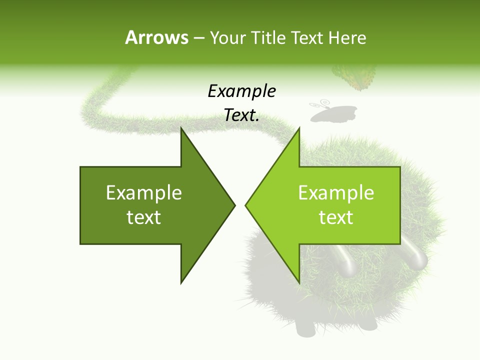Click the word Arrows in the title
(156, 37)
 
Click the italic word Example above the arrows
(241, 91)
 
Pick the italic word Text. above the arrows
(241, 115)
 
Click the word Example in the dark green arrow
(144, 193)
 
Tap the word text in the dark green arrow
(144, 217)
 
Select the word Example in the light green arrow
(336, 193)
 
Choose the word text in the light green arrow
(336, 217)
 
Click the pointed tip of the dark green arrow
(233, 205)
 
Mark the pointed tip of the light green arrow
(247, 205)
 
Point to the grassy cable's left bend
(90, 107)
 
